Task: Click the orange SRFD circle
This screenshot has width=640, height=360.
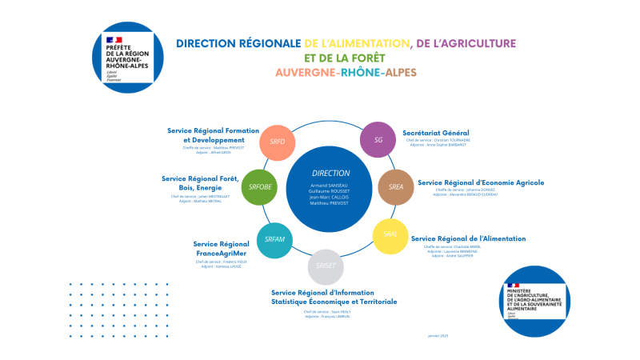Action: click(278, 141)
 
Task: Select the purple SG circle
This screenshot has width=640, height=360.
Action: click(378, 140)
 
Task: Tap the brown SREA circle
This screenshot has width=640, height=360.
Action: click(396, 186)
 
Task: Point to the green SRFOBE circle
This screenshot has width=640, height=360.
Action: click(260, 187)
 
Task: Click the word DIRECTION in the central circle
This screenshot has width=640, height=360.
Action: click(330, 173)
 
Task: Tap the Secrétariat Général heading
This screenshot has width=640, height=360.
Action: click(436, 132)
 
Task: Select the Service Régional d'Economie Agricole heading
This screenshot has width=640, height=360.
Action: click(481, 182)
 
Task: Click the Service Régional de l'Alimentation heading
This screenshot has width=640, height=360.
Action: click(468, 238)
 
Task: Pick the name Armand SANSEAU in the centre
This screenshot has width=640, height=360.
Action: click(330, 185)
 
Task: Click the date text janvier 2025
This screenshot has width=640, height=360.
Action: click(438, 334)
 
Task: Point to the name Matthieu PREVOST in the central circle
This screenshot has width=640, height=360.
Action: click(330, 203)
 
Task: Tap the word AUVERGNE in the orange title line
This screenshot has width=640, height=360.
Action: click(305, 72)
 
